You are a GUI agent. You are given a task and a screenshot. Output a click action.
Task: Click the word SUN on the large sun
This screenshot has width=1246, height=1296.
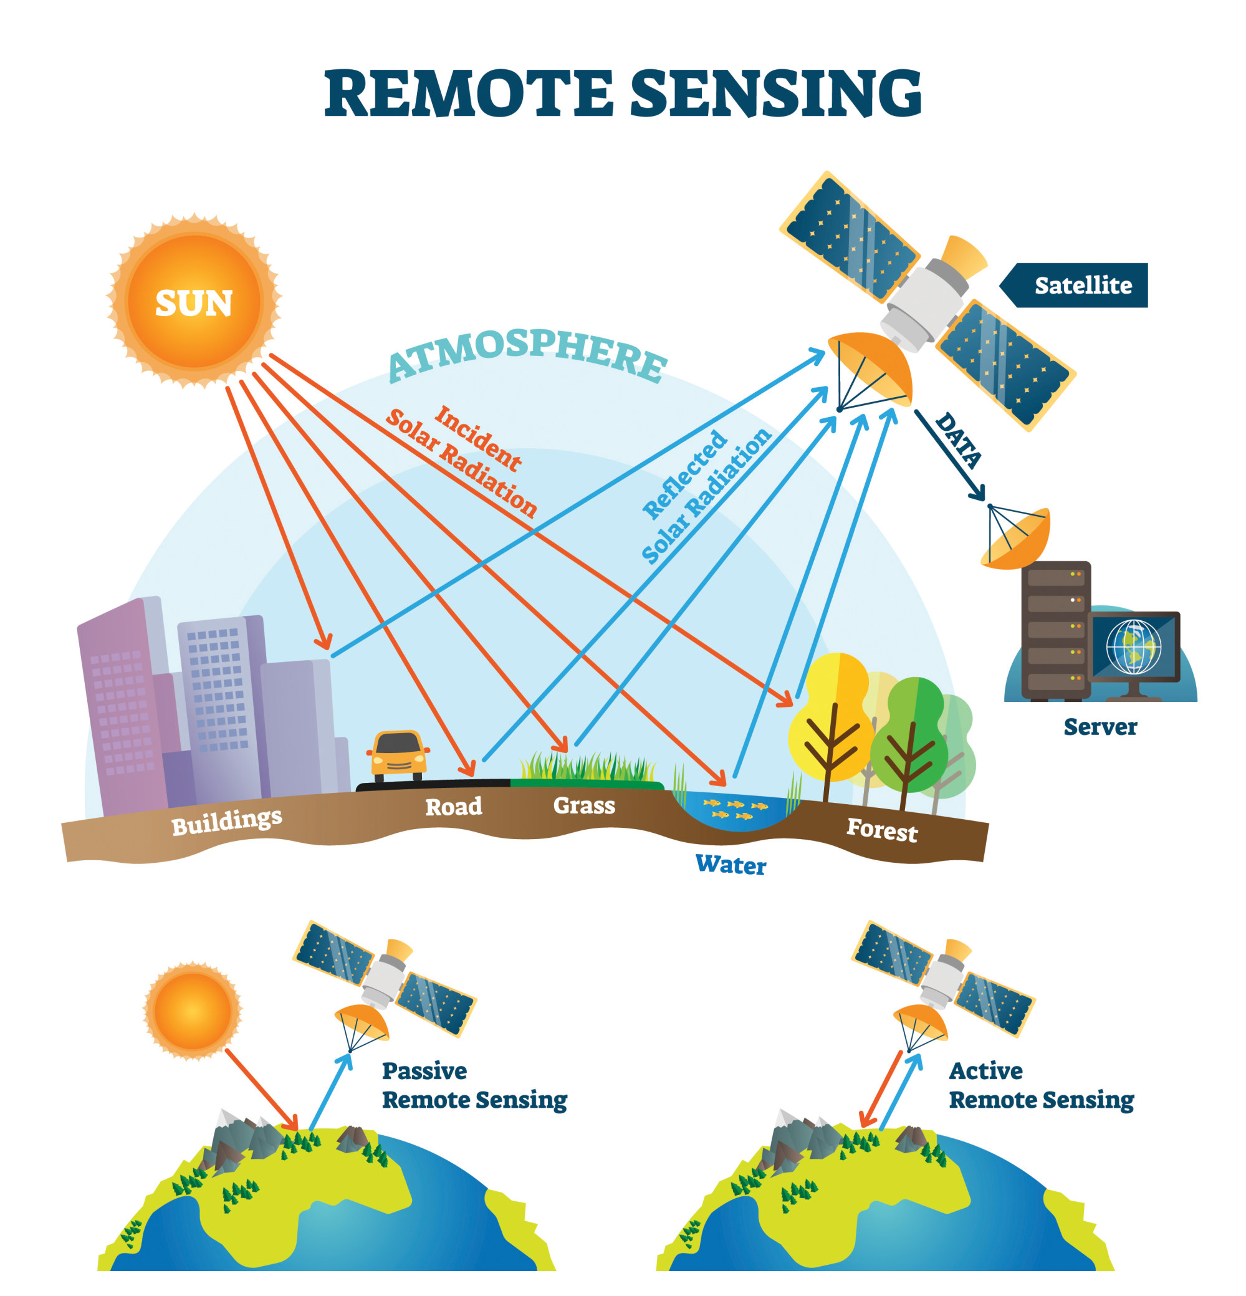tap(194, 304)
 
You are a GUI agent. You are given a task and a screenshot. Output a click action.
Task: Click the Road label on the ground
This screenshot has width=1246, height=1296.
tap(453, 806)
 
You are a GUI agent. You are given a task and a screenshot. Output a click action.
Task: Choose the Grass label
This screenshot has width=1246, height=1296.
tap(583, 805)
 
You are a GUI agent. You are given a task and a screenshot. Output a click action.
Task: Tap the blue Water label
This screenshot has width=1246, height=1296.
tap(731, 864)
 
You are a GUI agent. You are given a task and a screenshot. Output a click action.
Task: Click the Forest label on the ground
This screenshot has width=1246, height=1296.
tap(882, 829)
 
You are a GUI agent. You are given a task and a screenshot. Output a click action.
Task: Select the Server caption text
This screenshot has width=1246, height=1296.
tap(1100, 727)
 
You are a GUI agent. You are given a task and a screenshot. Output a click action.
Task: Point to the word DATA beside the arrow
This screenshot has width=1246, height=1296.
tap(959, 439)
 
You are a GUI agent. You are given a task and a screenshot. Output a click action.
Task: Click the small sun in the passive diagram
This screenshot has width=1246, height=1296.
tap(193, 1010)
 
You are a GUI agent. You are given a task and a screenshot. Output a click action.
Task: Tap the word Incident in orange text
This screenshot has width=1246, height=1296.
tap(477, 438)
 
